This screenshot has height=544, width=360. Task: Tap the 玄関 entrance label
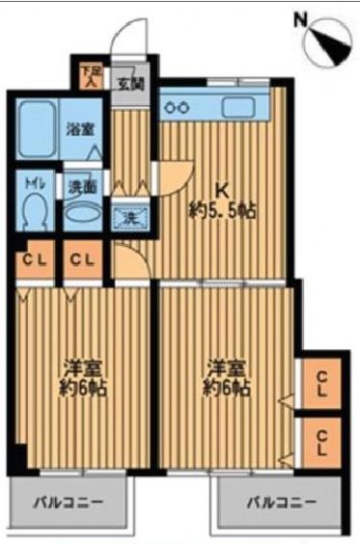point(128,83)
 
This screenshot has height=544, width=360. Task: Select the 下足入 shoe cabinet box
point(89,75)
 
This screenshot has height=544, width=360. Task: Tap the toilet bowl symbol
point(36,207)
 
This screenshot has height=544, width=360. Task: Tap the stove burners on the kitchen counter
point(178,106)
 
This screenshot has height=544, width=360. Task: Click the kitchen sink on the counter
point(236,106)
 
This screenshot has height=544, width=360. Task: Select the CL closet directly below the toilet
point(32,259)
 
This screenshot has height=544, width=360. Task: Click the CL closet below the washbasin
point(81,259)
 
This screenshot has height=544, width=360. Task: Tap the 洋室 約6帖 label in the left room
point(76,379)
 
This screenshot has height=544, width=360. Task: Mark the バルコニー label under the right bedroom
point(274,503)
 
